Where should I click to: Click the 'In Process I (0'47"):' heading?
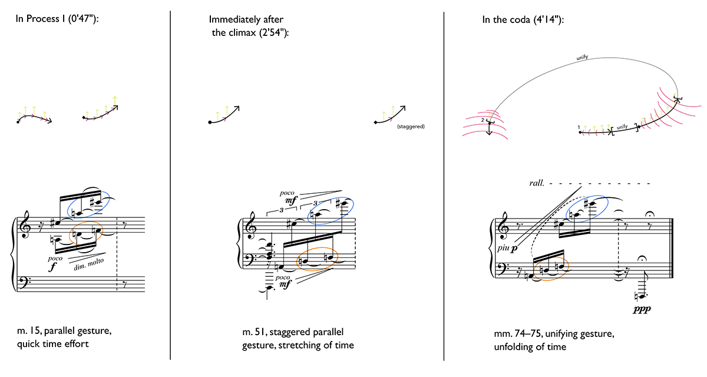tap(57, 19)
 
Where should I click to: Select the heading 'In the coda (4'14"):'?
tap(523, 20)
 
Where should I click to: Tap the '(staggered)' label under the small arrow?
tap(411, 127)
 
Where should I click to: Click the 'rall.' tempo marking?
tap(537, 183)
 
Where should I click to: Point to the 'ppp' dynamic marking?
tap(642, 309)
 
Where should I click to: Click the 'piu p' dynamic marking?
tap(507, 248)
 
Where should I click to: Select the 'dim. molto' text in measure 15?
tap(89, 264)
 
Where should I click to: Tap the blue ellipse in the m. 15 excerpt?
tap(88, 204)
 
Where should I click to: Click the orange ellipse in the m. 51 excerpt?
tap(317, 259)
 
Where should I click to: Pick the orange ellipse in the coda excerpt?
tap(551, 269)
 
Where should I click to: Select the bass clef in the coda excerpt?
tap(501, 269)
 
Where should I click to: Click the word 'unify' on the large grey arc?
tap(582, 57)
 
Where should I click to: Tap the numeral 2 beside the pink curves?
tap(483, 120)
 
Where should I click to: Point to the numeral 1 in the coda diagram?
tap(579, 127)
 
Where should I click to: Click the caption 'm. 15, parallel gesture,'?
tap(64, 331)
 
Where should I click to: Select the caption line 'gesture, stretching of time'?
tap(298, 345)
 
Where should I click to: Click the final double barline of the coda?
tap(672, 248)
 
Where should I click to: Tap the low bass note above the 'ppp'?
tap(642, 296)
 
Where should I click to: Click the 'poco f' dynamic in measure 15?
tap(55, 263)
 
